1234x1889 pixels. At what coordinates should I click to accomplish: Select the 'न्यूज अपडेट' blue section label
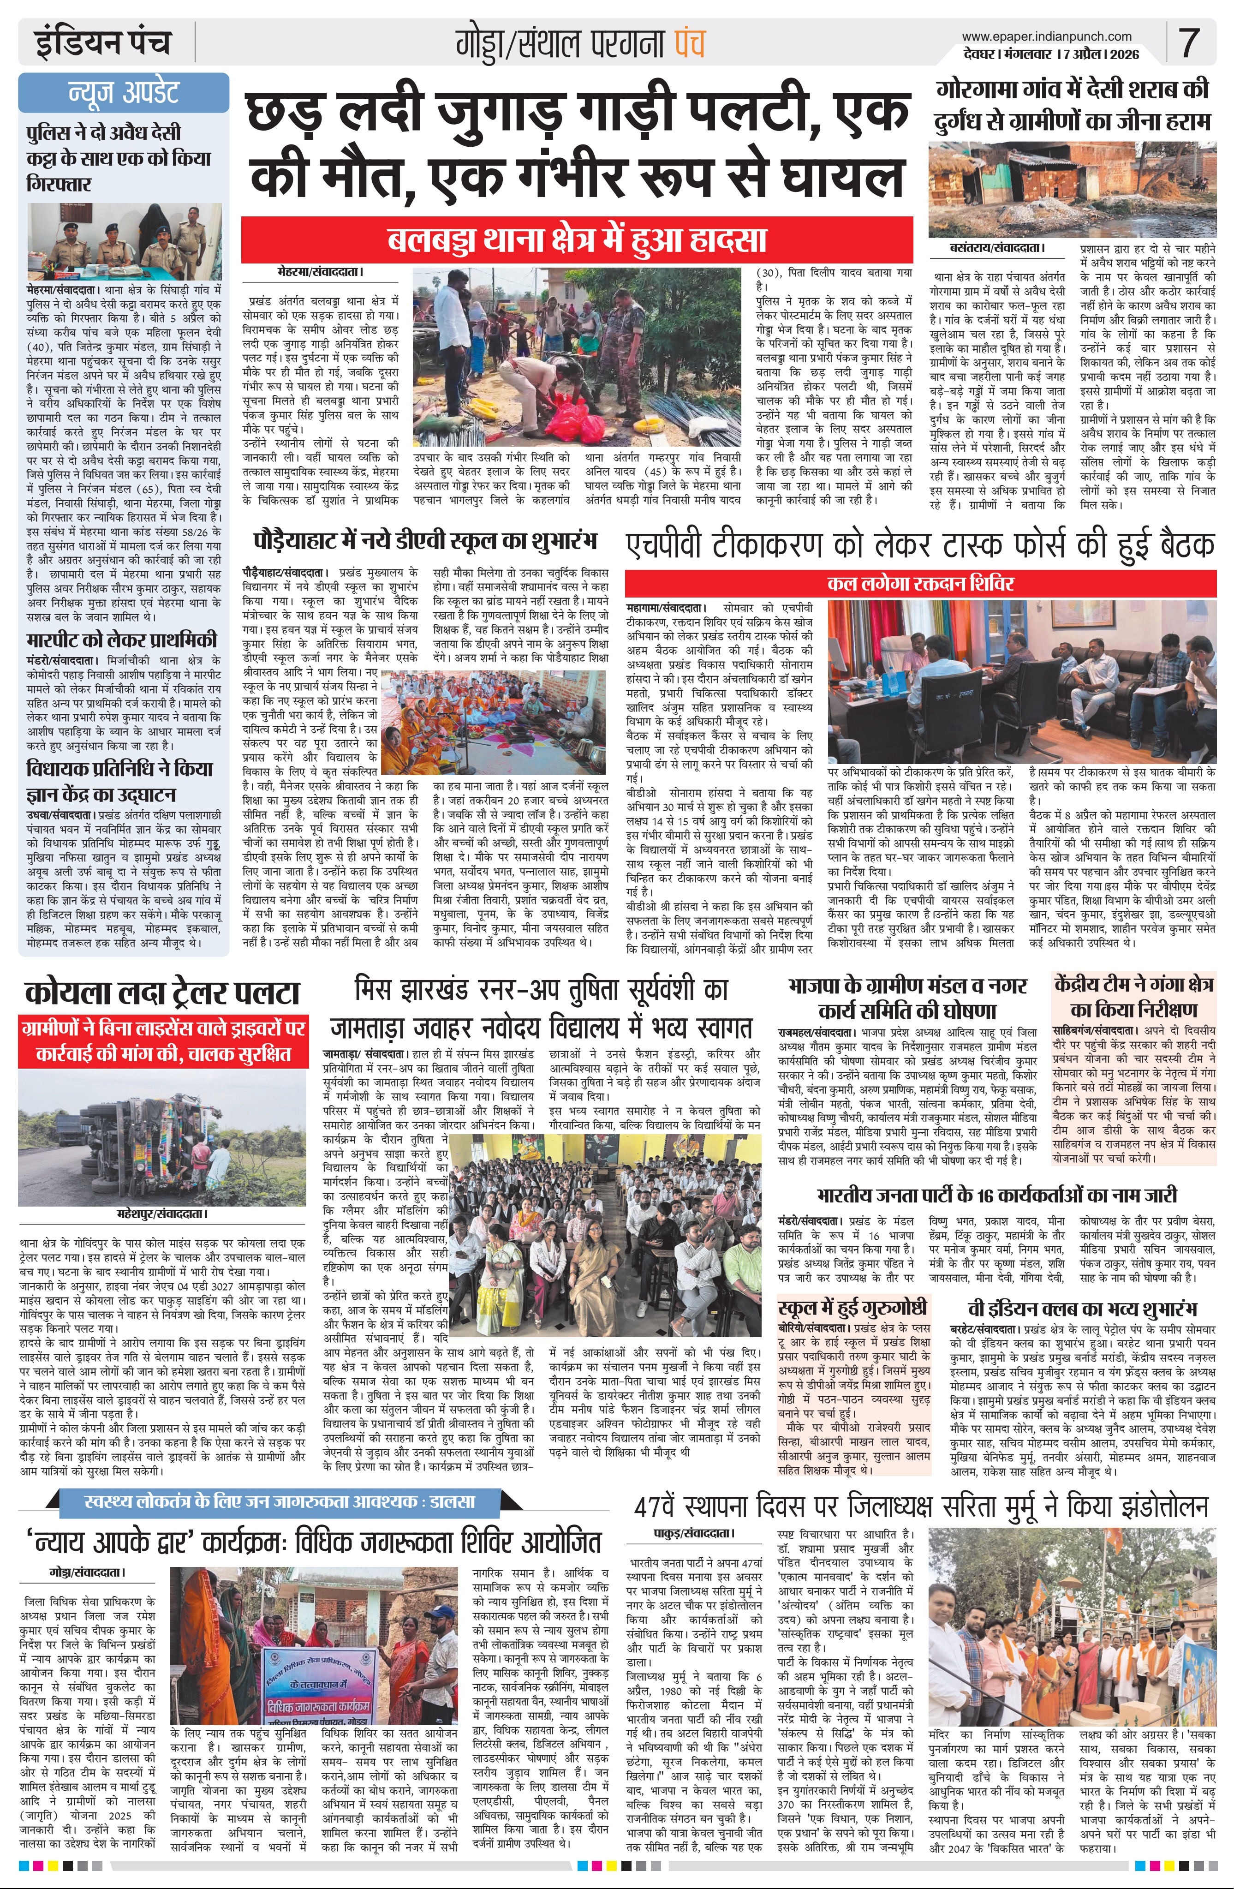pos(124,93)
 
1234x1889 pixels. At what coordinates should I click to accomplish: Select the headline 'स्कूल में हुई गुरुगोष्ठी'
pos(853,1307)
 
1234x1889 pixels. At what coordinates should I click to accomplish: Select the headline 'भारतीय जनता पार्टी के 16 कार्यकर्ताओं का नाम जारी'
pos(997,1196)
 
